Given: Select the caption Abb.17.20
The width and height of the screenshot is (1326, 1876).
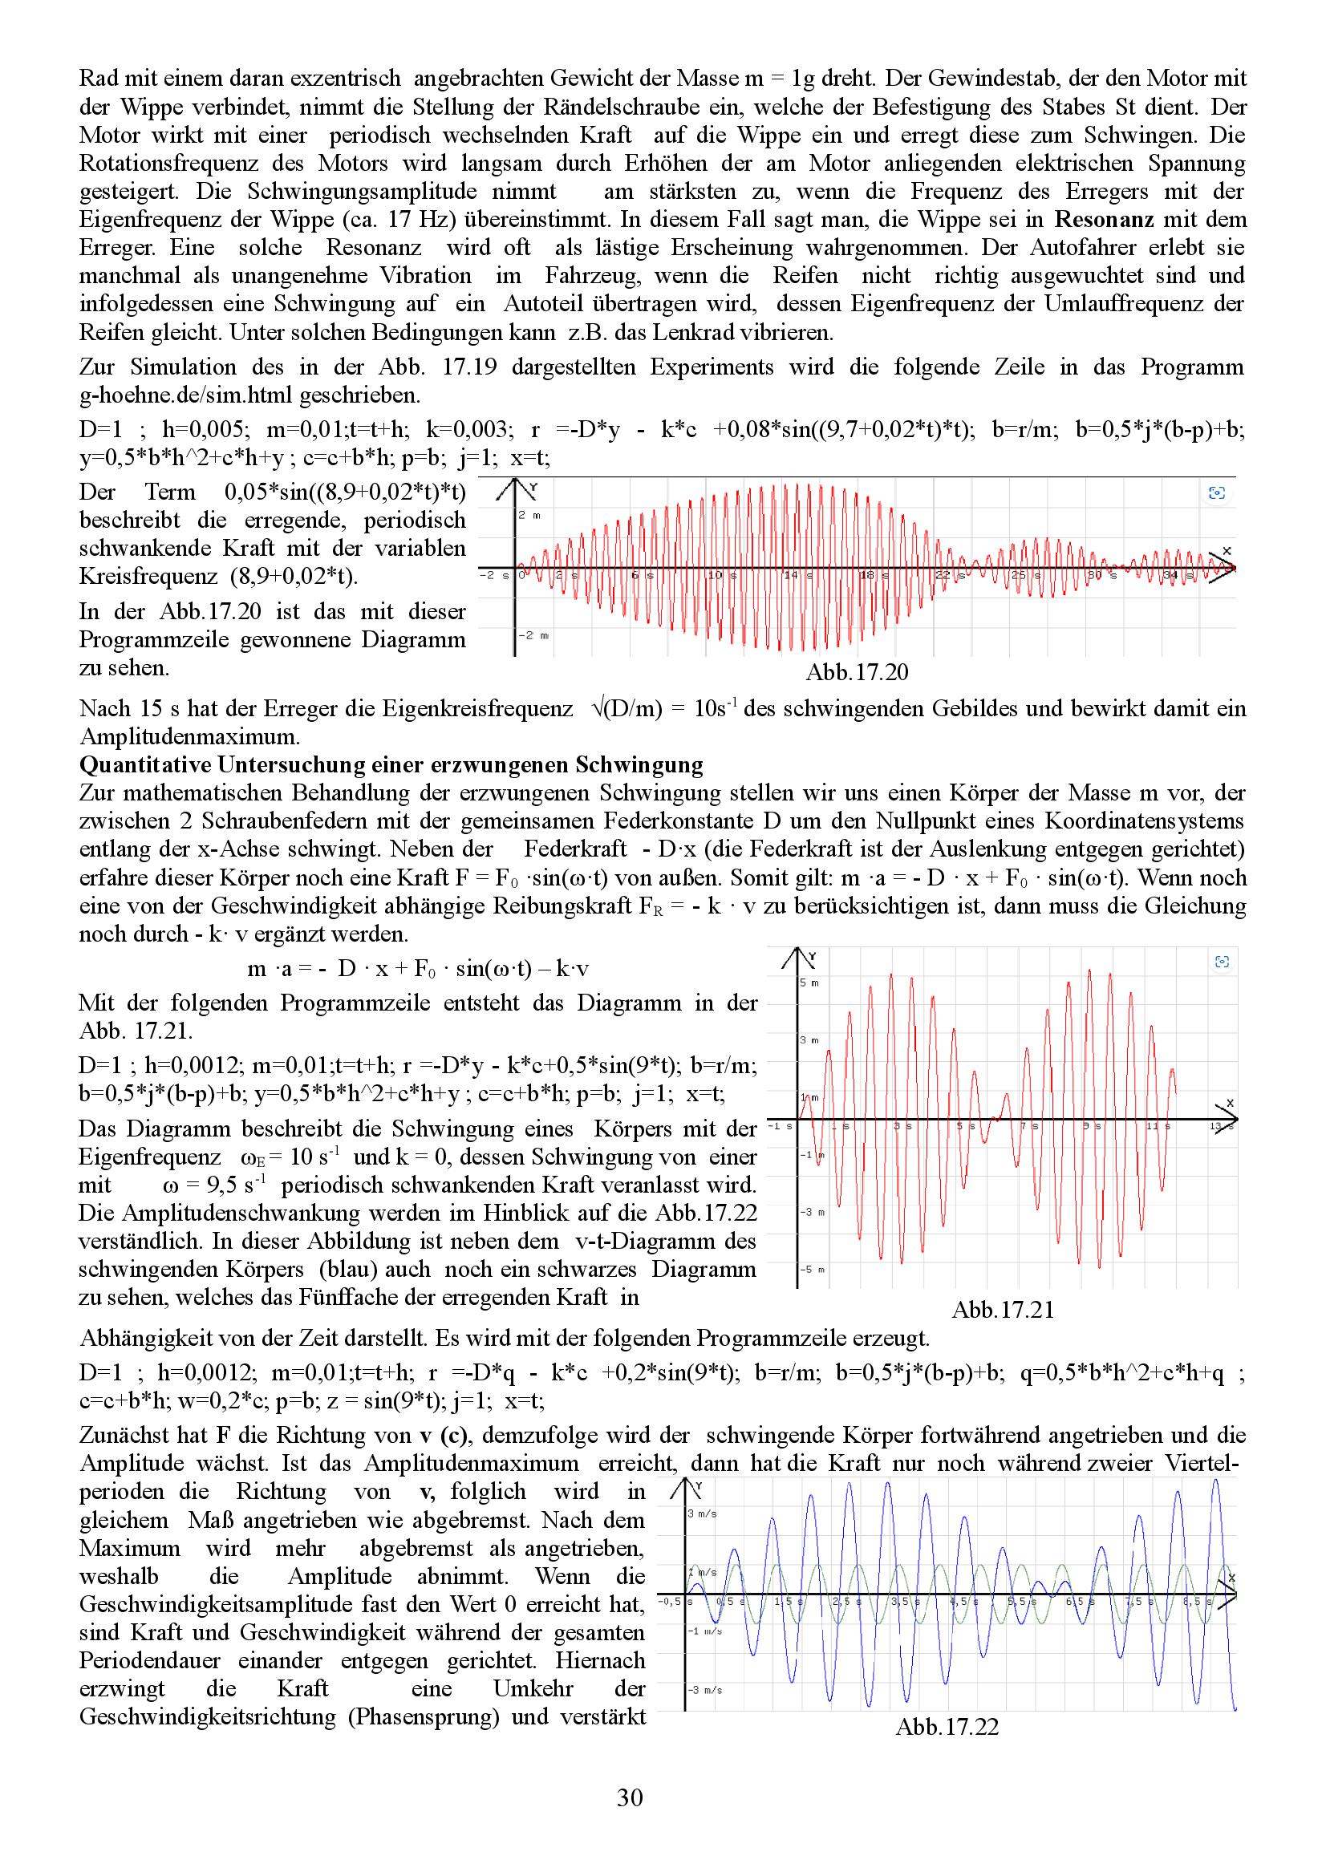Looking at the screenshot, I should click(856, 672).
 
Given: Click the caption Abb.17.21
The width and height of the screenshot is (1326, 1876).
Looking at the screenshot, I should click(1003, 1310).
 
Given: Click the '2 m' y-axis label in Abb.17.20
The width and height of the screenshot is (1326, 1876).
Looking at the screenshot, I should click(529, 516).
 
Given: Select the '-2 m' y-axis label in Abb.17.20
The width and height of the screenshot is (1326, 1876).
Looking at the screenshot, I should click(531, 635).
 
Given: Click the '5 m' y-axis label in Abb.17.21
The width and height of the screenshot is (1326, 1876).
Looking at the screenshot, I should click(809, 983).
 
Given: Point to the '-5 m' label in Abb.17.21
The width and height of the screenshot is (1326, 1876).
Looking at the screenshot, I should click(811, 1270).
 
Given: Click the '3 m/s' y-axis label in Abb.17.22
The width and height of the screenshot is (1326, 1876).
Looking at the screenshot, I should click(703, 1513).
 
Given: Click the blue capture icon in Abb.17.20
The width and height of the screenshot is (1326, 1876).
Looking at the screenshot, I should click(1217, 492).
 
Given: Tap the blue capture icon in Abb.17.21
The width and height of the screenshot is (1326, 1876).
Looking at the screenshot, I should click(1223, 962).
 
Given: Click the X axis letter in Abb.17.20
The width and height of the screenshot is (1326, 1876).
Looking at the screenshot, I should click(1227, 552).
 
